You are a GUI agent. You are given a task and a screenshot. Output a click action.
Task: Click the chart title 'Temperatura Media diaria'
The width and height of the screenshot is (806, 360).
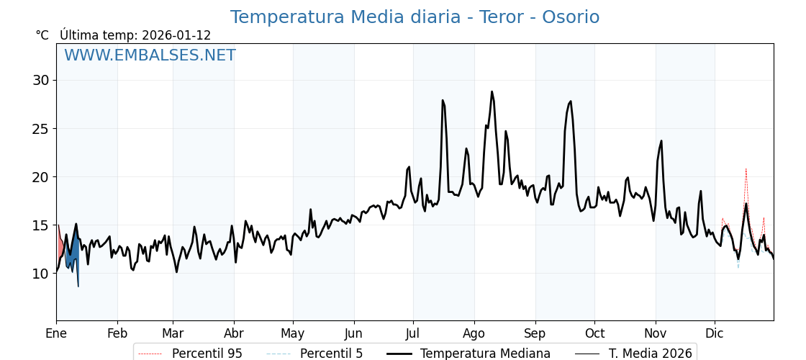414,17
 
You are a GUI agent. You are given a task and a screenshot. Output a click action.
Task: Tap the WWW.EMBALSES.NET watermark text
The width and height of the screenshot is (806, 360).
150,55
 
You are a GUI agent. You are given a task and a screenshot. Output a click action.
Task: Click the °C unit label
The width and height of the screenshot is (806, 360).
42,35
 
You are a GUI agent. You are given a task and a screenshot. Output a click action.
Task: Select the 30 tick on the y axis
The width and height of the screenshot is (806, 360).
40,80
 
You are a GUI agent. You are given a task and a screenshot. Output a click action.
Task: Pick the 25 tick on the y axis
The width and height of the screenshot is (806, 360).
40,129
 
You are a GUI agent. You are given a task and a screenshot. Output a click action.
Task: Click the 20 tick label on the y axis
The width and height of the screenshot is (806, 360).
40,177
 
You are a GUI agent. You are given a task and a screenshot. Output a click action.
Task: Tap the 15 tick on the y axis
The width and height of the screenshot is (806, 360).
40,225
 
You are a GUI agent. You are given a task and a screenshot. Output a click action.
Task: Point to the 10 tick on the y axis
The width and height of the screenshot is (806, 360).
40,274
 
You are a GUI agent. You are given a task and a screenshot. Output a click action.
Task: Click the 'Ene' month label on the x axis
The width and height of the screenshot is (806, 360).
56,333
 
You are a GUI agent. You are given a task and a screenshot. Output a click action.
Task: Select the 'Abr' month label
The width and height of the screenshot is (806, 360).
234,333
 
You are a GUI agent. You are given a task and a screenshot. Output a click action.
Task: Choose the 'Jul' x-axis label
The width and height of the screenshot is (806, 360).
413,333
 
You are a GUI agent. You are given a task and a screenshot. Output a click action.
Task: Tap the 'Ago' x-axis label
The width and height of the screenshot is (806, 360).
474,333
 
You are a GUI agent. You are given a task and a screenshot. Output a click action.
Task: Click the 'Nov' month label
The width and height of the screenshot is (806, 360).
656,333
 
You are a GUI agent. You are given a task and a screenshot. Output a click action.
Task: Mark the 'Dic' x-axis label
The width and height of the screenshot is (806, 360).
715,333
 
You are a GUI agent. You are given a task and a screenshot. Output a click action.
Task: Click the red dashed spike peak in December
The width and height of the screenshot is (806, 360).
746,169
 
